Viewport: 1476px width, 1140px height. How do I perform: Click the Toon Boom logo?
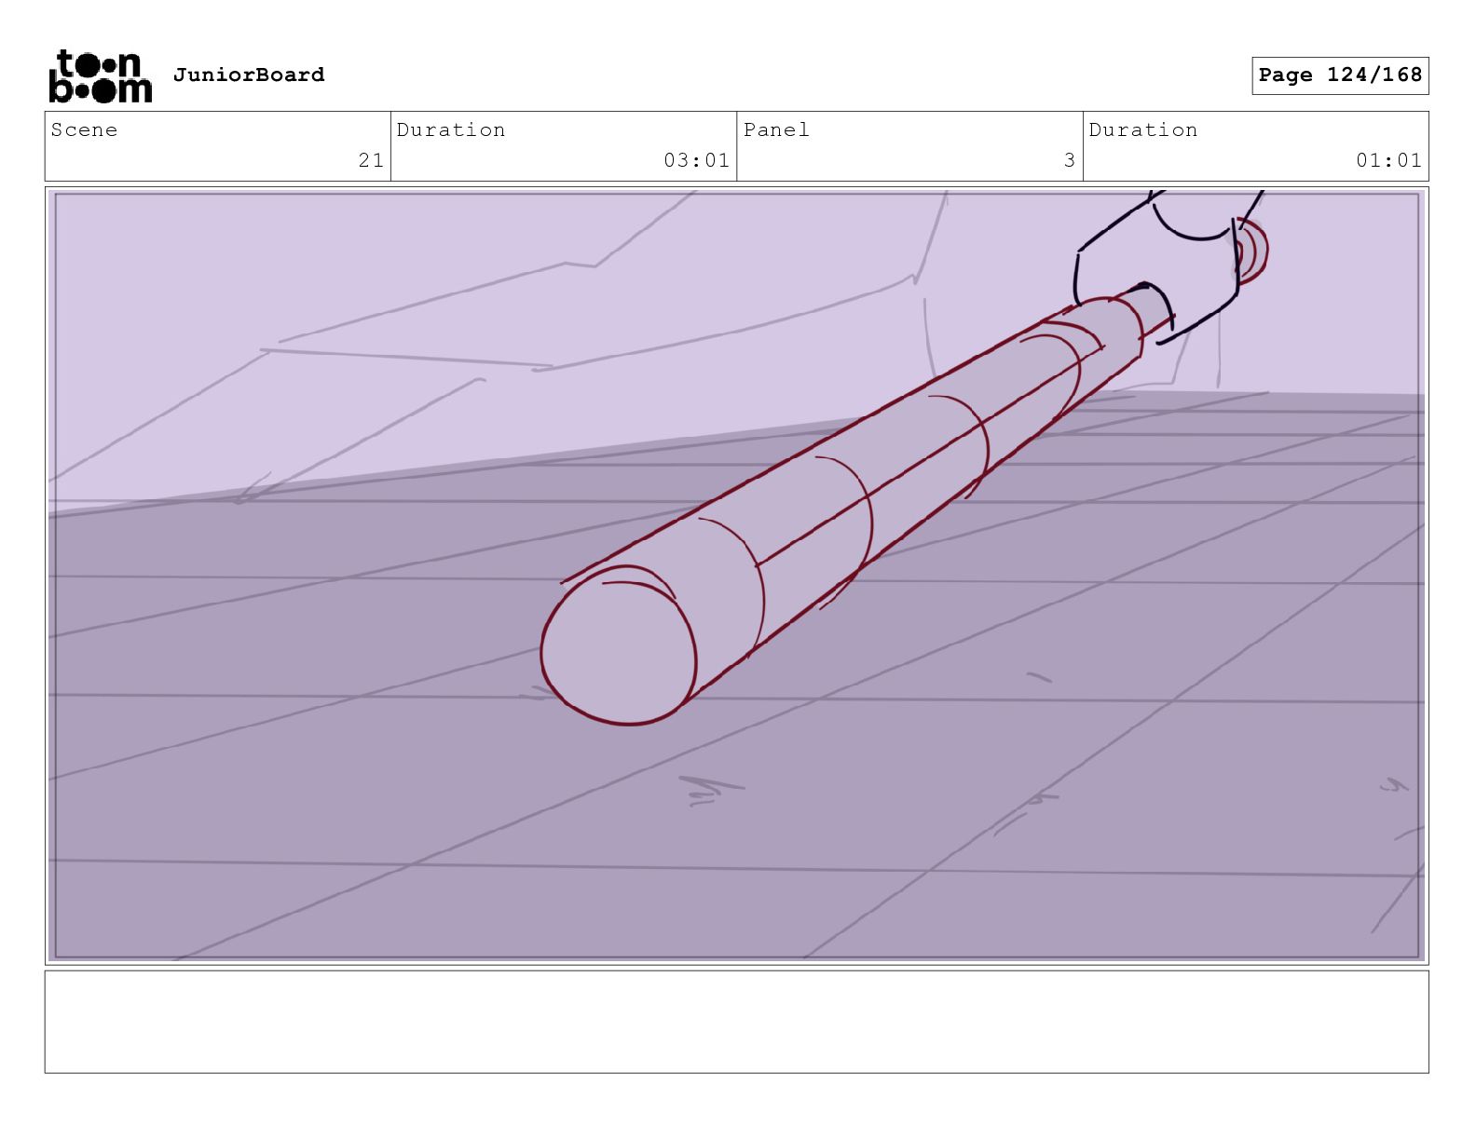[101, 76]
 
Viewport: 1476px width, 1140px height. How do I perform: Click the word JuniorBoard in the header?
[249, 74]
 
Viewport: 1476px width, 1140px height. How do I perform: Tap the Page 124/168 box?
[1339, 75]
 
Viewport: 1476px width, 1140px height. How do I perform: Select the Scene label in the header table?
[84, 129]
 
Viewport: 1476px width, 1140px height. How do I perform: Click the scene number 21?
[371, 160]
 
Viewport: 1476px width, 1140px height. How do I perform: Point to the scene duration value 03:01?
[696, 160]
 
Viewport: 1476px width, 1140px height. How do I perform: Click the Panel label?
[775, 129]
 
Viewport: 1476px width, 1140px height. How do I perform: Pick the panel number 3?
[1069, 160]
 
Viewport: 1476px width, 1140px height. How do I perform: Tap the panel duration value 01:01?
[1388, 160]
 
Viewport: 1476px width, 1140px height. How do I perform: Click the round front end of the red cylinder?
[618, 645]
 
